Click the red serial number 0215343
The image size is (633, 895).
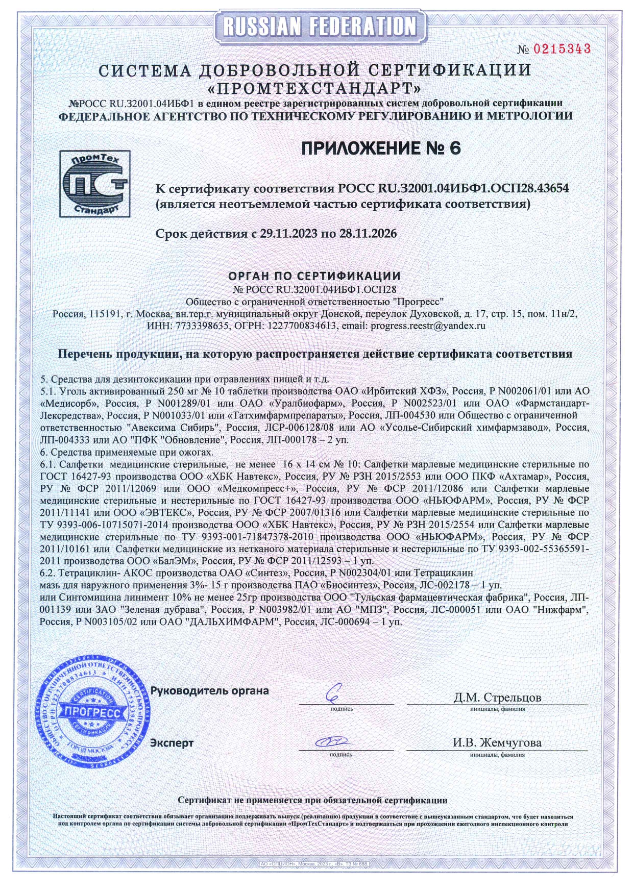[x=562, y=49]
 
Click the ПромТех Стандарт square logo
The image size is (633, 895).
[x=94, y=184]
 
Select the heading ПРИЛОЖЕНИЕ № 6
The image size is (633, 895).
[x=381, y=148]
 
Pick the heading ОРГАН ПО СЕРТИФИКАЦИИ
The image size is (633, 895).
[x=314, y=276]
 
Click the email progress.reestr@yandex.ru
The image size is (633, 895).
[x=427, y=325]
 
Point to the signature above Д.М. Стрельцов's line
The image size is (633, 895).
[x=335, y=692]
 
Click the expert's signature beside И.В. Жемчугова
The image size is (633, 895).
[x=331, y=741]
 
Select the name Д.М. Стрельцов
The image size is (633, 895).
[x=497, y=697]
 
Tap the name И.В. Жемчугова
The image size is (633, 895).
[x=497, y=742]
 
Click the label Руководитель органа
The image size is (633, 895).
[x=209, y=691]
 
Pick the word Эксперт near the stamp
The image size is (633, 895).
[x=172, y=743]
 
